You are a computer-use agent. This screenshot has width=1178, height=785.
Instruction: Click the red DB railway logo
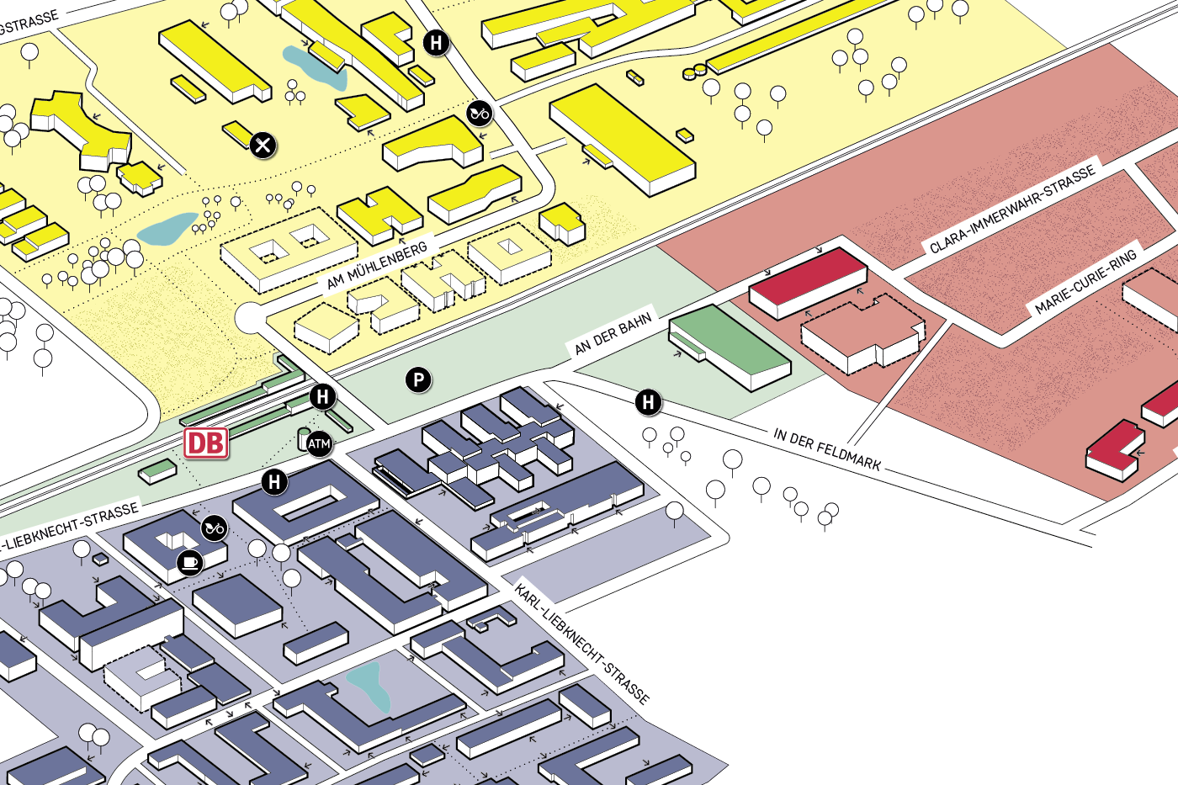[206, 443]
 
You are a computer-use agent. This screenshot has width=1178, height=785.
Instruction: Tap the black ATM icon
[319, 443]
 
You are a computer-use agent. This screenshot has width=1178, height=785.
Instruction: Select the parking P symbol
[418, 380]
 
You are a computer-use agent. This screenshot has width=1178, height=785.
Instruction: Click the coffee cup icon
[190, 561]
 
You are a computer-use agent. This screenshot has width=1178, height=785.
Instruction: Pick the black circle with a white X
[263, 146]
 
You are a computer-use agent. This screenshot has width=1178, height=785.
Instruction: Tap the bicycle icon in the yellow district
[480, 113]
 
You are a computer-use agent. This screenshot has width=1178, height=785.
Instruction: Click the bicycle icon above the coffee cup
[215, 528]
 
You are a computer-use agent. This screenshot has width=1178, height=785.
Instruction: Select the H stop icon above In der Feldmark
[648, 402]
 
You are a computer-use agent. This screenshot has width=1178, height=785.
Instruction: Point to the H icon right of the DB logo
[323, 396]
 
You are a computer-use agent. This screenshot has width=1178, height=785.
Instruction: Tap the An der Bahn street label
[613, 334]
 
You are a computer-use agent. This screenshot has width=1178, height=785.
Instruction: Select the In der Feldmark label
[827, 448]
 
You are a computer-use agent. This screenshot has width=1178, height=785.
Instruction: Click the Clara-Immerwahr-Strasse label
[1012, 209]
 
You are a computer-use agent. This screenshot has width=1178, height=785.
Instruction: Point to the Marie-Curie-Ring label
[1085, 281]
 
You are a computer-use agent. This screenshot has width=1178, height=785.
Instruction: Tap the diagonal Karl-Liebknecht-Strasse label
[582, 643]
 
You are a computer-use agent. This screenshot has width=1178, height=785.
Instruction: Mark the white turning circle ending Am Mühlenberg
[250, 319]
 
